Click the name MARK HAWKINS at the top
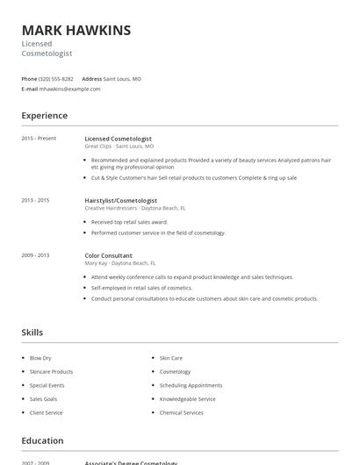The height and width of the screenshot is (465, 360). [76, 30]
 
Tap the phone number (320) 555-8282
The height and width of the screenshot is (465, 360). [56, 79]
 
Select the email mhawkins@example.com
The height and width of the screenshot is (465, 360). [70, 89]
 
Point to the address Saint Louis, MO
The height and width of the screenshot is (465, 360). [122, 79]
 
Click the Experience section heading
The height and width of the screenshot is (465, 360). [44, 116]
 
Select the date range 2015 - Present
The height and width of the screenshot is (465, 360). [39, 139]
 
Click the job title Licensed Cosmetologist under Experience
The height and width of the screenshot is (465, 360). [118, 139]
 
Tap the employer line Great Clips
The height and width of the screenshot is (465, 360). [97, 147]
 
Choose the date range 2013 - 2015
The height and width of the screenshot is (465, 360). [35, 200]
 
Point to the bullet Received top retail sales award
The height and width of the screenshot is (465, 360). [129, 223]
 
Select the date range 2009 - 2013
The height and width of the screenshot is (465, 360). [35, 254]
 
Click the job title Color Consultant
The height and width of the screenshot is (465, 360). [108, 254]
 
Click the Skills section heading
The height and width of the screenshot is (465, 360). [32, 333]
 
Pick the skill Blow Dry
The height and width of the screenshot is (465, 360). [40, 358]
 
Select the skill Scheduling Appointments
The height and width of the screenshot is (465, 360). [191, 385]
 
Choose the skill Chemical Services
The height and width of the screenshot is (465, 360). [181, 412]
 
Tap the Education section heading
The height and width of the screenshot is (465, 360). [42, 440]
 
